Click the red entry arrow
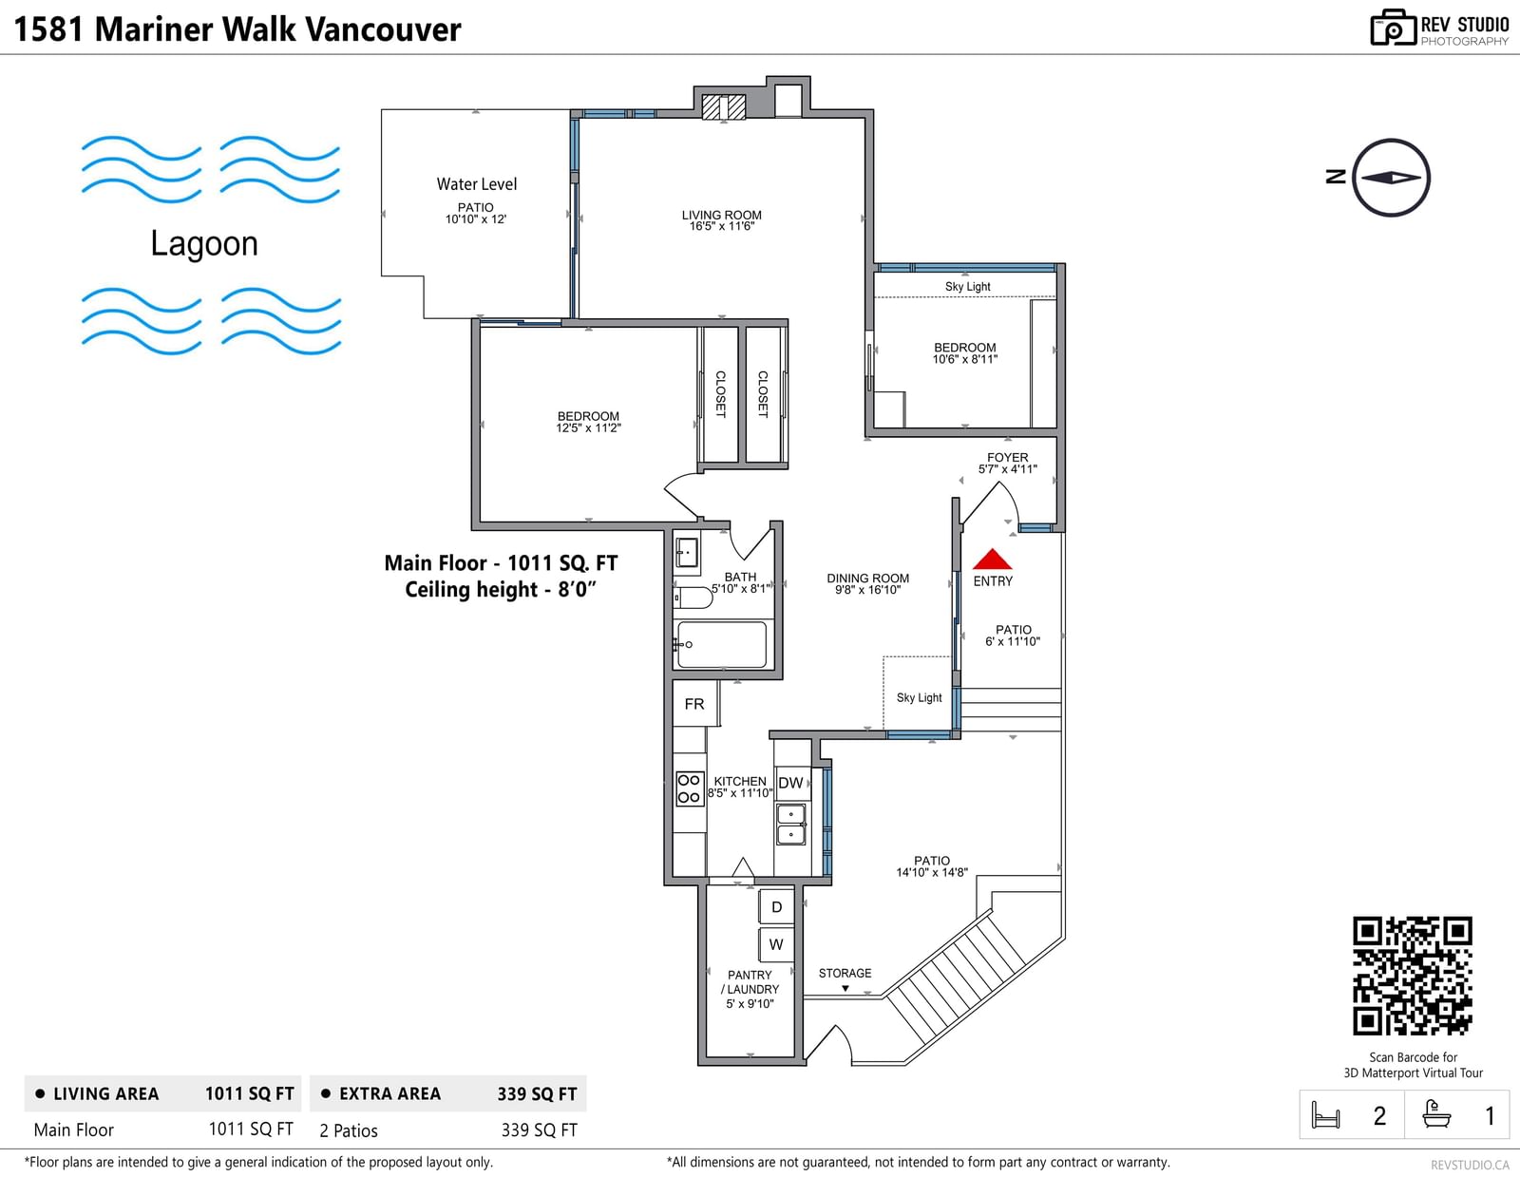(x=992, y=559)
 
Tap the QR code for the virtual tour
(x=1413, y=976)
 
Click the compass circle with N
(x=1391, y=178)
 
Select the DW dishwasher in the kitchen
(x=792, y=783)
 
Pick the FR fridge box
(x=695, y=704)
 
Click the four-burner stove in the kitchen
(x=689, y=788)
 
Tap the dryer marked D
(x=776, y=906)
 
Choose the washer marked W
(x=776, y=944)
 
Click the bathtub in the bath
(x=721, y=644)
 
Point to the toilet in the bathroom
(x=693, y=598)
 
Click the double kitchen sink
(x=791, y=824)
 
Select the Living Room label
(x=722, y=220)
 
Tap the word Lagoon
(x=204, y=243)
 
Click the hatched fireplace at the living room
(x=723, y=107)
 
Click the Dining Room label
(x=868, y=583)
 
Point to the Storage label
(x=845, y=973)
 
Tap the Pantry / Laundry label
(x=750, y=989)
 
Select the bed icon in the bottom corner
(x=1325, y=1114)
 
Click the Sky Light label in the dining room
(x=920, y=697)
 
